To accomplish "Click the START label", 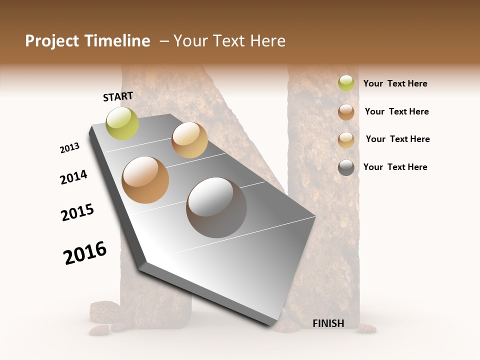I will coord(118,96).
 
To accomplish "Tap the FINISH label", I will coord(328,323).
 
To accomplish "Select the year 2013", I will coord(69,148).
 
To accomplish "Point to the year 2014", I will coord(73,177).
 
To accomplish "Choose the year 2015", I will coord(77,212).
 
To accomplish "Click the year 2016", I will coord(85,253).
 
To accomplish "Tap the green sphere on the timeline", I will coord(122,123).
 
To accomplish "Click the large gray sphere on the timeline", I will coord(216,207).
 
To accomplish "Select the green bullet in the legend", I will coord(346,83).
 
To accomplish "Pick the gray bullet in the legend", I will coord(346,167).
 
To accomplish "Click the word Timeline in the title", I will coord(117,41).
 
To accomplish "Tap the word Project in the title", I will coord(52,41).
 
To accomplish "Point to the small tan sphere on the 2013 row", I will coord(189,140).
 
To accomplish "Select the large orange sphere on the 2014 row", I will coord(145,180).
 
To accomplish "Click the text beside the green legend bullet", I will coord(395,83).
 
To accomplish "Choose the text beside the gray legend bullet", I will coord(395,167).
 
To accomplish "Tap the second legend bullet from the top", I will coord(346,112).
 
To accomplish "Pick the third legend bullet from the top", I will coord(346,140).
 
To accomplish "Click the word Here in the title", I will coord(267,41).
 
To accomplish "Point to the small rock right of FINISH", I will coord(367,328).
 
